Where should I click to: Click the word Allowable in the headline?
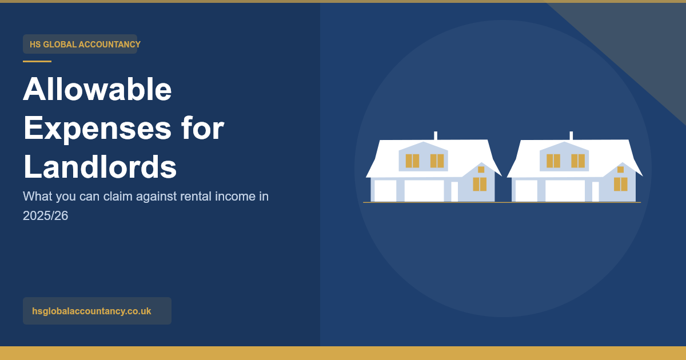coord(97,89)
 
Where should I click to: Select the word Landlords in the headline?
coord(100,166)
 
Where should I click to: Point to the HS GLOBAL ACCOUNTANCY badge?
coord(80,44)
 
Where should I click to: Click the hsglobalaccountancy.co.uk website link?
coord(91,311)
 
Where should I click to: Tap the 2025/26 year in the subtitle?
coord(45,216)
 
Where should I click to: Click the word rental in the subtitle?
coord(196,196)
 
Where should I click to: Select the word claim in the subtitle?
coord(118,196)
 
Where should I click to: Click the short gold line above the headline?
coord(37,61)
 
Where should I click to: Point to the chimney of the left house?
coord(436,135)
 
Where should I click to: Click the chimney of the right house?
coord(571,135)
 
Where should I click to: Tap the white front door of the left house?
coord(454,191)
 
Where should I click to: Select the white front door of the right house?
coord(595,191)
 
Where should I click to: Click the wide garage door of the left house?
coord(424,191)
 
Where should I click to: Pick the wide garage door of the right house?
coord(565,191)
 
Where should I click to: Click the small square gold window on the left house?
coord(481,170)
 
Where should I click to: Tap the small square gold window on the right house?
coord(620,170)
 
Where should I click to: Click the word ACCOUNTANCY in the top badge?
coord(110,45)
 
